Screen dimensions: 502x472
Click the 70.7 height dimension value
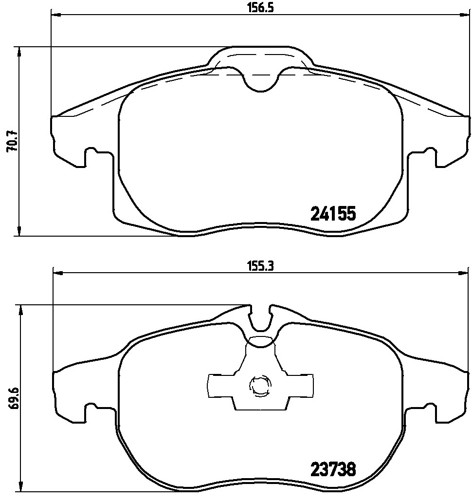click(12, 142)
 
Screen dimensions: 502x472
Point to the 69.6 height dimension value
click(13, 399)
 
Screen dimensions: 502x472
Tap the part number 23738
click(333, 470)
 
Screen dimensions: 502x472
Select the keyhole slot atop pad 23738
click(261, 321)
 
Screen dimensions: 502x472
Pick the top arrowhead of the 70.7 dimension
click(19, 51)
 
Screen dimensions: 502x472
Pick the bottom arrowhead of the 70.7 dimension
click(19, 232)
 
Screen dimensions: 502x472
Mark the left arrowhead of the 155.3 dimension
click(57, 273)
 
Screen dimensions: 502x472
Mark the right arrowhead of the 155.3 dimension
click(464, 273)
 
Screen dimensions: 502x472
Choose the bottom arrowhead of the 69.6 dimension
click(19, 488)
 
